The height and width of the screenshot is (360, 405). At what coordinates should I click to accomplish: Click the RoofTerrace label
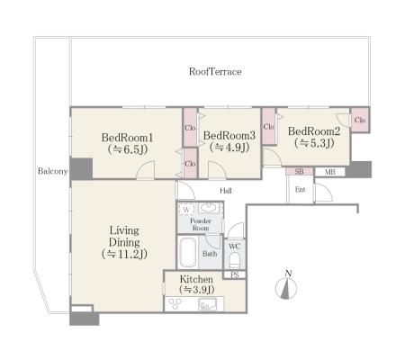(215, 72)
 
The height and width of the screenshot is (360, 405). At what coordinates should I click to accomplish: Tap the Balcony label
(52, 171)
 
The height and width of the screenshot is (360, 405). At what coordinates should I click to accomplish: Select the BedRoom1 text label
(128, 138)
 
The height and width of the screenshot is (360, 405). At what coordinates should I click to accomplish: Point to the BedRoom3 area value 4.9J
(229, 148)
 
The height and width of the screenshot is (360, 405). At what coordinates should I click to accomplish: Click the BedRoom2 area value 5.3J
(314, 143)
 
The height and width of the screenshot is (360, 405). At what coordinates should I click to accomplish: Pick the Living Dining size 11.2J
(124, 254)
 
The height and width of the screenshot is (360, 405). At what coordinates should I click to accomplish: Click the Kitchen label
(196, 279)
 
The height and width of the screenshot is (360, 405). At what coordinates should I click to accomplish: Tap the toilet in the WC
(235, 260)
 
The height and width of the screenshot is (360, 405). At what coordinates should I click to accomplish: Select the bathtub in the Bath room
(188, 252)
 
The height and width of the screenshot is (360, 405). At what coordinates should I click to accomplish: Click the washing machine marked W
(186, 210)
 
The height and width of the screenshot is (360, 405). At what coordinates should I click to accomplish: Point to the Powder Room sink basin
(209, 208)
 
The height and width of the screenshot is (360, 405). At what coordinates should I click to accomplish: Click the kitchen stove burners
(175, 303)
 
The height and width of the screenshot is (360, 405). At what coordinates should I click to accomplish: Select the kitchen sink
(208, 304)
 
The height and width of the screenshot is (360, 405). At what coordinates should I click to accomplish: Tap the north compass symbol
(286, 286)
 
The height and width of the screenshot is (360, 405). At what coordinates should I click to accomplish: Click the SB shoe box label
(299, 172)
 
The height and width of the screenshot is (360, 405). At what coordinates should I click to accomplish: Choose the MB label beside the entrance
(330, 172)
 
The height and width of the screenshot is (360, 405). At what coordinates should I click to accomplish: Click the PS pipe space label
(235, 274)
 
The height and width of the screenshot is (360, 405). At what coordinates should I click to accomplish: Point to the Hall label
(226, 191)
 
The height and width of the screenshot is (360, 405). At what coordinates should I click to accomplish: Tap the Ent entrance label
(301, 190)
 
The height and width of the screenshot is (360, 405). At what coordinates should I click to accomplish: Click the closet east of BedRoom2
(360, 120)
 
